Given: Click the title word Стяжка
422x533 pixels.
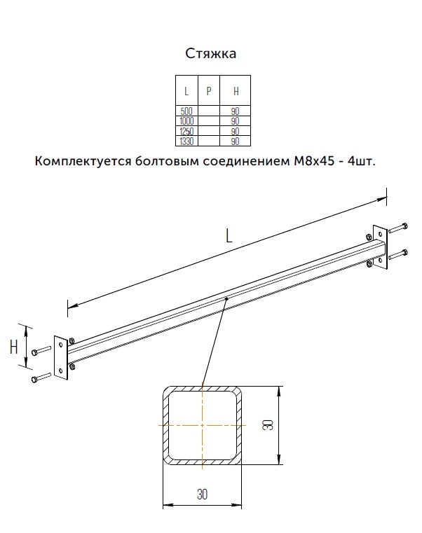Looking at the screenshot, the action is coord(211,54).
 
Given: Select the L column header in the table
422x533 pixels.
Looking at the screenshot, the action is coord(186,91).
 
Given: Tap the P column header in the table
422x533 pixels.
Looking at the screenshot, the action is coord(209,91).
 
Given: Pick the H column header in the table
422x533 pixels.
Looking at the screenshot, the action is coord(236,91).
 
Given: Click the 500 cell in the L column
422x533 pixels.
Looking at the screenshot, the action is coord(186,111).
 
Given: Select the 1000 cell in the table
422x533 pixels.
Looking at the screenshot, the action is coord(186,121).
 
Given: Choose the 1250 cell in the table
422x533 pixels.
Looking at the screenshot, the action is coord(186,131).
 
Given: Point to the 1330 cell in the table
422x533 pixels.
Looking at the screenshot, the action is coord(186,141).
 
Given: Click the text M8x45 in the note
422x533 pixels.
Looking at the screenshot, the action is coord(313,161).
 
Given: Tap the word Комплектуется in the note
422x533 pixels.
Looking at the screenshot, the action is coord(83,161).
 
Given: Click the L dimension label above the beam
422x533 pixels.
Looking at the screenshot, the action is coord(229,235).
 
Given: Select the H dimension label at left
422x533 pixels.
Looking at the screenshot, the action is coord(13,347).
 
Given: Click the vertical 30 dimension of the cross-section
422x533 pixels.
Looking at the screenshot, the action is coord(268,425).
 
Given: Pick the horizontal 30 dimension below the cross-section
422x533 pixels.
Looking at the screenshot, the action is coord(202,494).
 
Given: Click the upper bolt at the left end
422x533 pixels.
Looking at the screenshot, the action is coord(41,350).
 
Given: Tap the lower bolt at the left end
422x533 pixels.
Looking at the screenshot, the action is coord(41,378).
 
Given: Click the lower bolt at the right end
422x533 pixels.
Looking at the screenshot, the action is coord(398,255).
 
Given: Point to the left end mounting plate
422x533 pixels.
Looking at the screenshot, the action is coord(61,358).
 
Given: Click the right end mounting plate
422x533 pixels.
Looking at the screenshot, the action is coord(380,247).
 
